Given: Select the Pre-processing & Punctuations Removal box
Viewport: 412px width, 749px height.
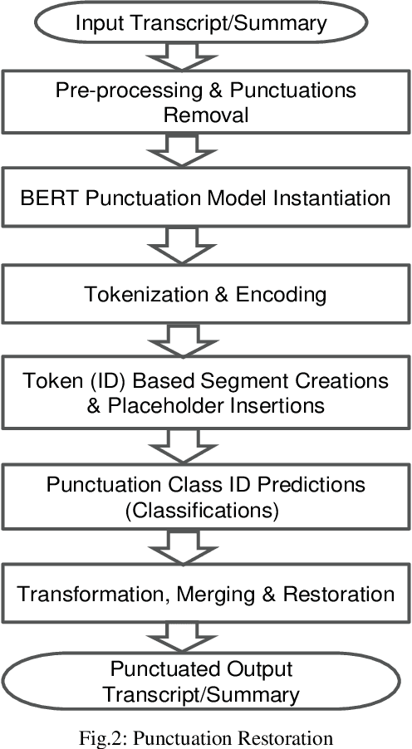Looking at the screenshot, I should [x=205, y=104].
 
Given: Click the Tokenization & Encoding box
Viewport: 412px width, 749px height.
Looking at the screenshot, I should [x=205, y=294].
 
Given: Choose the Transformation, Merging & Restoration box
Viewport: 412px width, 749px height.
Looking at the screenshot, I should [x=205, y=594].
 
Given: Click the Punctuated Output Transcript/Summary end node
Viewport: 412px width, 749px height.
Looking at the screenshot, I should [x=205, y=680].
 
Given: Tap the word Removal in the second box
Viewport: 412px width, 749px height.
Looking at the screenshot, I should [x=205, y=115].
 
